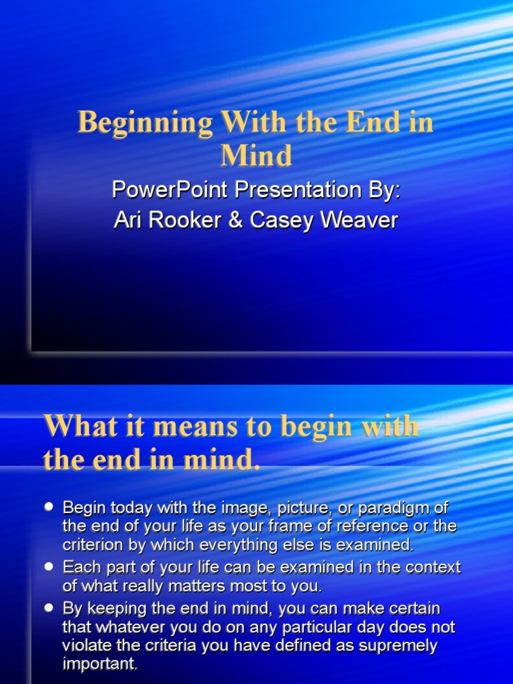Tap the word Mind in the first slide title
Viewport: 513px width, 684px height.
256,156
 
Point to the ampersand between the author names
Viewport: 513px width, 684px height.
234,221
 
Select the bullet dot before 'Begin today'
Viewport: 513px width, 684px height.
48,508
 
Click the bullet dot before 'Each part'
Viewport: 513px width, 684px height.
48,566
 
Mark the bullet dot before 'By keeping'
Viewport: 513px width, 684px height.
48,608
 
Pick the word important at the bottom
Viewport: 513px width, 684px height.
100,665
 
